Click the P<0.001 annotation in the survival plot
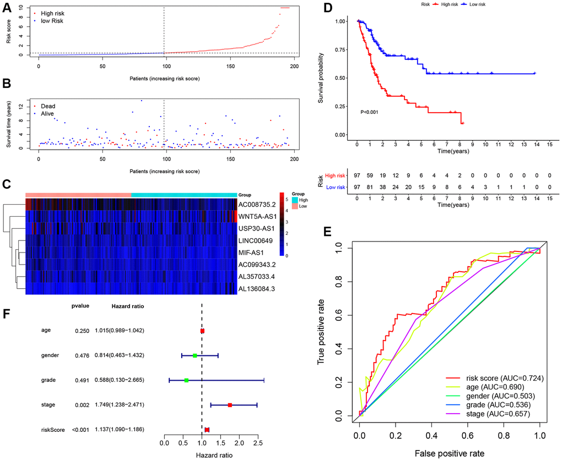(x=372, y=112)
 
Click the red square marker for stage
(x=230, y=405)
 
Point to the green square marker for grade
(x=186, y=380)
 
